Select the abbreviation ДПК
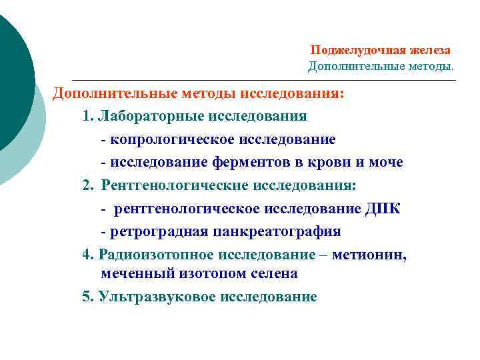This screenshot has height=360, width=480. click(383, 209)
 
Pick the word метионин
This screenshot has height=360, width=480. click(377, 255)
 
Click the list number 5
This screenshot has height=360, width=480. click(87, 297)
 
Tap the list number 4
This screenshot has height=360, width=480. click(87, 255)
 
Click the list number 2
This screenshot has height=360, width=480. click(87, 185)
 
